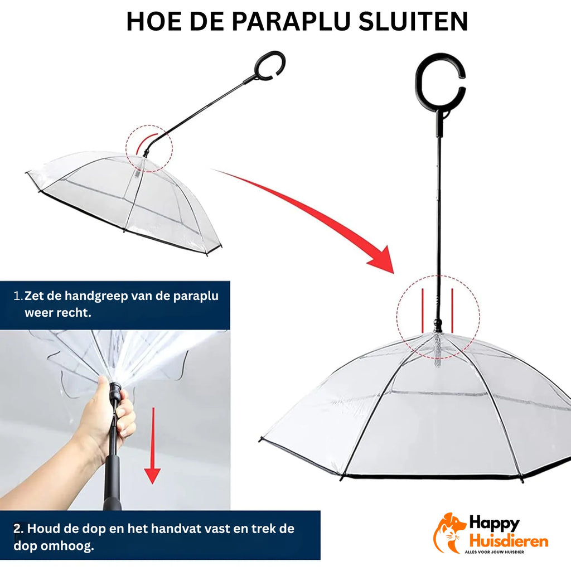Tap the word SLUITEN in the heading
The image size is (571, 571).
click(413, 21)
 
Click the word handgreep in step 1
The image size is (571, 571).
click(96, 296)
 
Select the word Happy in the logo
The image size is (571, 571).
click(494, 524)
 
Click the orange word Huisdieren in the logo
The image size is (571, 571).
click(509, 540)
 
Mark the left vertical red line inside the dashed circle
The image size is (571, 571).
click(423, 311)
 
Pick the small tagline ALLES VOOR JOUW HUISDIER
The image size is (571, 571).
click(494, 552)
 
